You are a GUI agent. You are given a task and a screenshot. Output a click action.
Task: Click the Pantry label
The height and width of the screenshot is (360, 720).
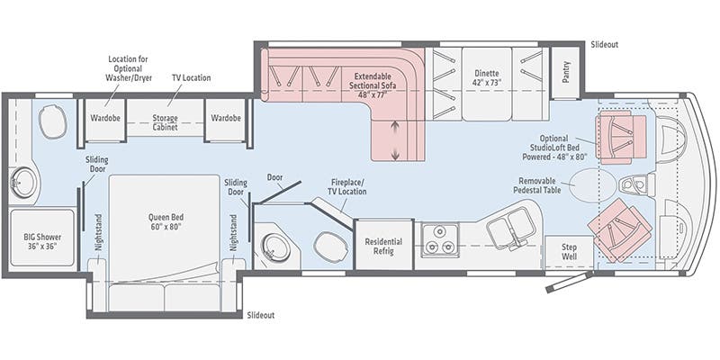pos(566,71)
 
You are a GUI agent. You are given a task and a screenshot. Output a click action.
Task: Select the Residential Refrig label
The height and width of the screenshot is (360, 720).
pos(383,247)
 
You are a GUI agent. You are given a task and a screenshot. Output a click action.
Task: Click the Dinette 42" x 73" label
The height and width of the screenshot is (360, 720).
pos(487,76)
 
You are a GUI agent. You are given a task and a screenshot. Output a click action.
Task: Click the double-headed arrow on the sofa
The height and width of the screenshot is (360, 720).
pos(395,143)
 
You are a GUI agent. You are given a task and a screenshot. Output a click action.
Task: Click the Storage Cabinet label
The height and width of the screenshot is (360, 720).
pos(164,122)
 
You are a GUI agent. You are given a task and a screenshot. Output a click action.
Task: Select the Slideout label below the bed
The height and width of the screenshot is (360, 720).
pos(261,315)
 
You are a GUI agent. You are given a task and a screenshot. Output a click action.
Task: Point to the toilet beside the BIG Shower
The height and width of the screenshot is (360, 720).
pos(51,121)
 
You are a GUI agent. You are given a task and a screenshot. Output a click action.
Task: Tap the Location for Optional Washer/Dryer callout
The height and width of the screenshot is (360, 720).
pos(130,68)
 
